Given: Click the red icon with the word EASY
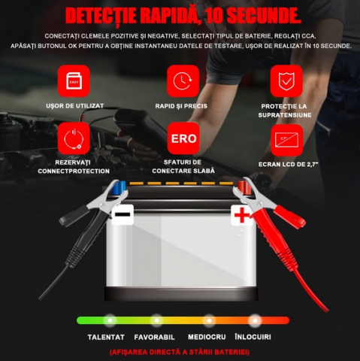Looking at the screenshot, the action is [x=74, y=80].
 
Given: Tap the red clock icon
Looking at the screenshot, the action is [x=183, y=80].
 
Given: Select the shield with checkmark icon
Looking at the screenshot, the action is [x=286, y=80].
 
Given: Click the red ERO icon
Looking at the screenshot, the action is [x=183, y=138].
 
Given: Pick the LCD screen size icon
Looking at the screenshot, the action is [x=286, y=140].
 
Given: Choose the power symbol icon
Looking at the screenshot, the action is [x=74, y=138].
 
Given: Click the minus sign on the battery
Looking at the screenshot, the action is [x=123, y=214].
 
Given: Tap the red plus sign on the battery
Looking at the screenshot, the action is [x=242, y=215].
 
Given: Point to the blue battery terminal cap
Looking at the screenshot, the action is [x=119, y=187].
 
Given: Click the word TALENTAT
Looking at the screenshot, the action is [x=106, y=337].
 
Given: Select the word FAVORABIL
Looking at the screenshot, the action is [x=154, y=337].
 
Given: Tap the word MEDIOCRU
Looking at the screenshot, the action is [x=207, y=337].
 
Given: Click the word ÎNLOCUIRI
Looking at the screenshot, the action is [x=253, y=337].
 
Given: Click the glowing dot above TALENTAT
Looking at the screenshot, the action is [x=110, y=320].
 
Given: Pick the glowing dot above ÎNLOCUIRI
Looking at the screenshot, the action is [x=255, y=320].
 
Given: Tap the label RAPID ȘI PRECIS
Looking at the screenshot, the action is [x=181, y=106].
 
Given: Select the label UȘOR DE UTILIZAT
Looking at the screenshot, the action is [x=74, y=106].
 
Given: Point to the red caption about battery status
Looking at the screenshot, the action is [x=180, y=352].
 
